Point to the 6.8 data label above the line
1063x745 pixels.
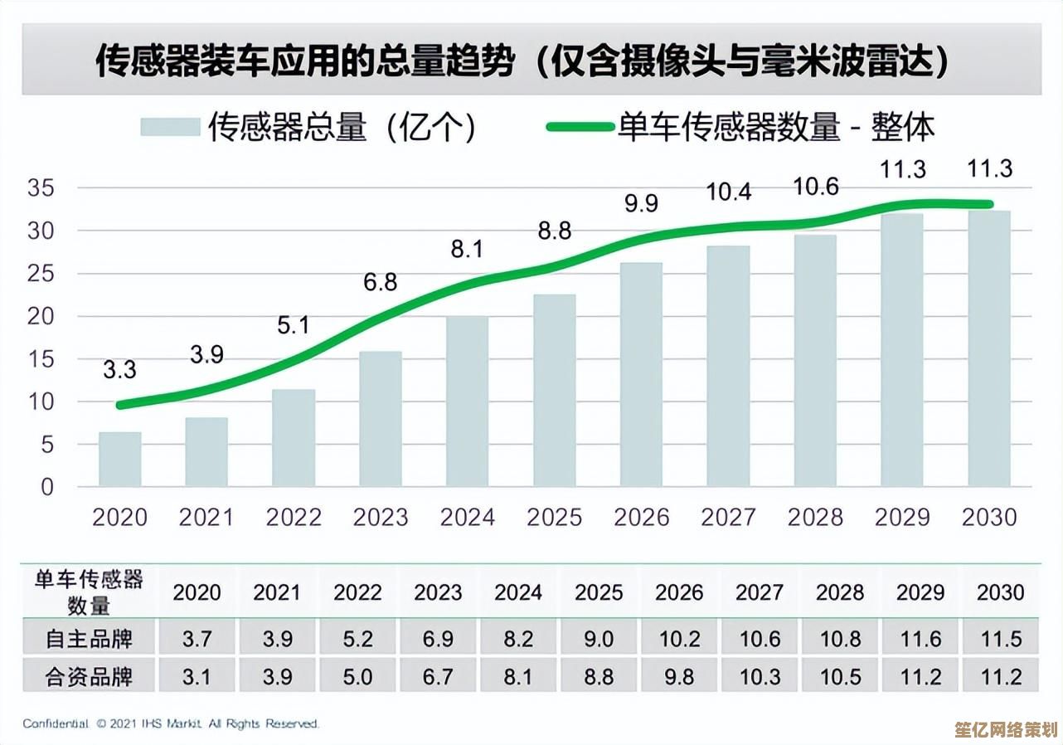tap(381, 282)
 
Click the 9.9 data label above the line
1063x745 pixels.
tap(641, 202)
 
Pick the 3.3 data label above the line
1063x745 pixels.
tap(119, 369)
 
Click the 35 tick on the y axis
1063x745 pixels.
tap(41, 188)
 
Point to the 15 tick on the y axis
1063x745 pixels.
tap(41, 359)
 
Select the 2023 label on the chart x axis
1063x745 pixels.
tap(381, 518)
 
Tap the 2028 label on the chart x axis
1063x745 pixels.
tap(815, 518)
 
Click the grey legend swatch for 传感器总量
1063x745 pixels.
tap(170, 127)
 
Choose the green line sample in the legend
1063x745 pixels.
tap(579, 127)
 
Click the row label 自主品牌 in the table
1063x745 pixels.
tap(89, 639)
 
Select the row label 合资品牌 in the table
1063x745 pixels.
tap(89, 677)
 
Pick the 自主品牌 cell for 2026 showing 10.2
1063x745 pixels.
tap(679, 639)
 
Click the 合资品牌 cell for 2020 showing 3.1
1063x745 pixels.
tap(197, 677)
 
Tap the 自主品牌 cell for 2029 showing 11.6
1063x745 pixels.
tap(920, 639)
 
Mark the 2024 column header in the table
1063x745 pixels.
tap(518, 592)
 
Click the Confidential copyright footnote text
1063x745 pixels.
tap(171, 724)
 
